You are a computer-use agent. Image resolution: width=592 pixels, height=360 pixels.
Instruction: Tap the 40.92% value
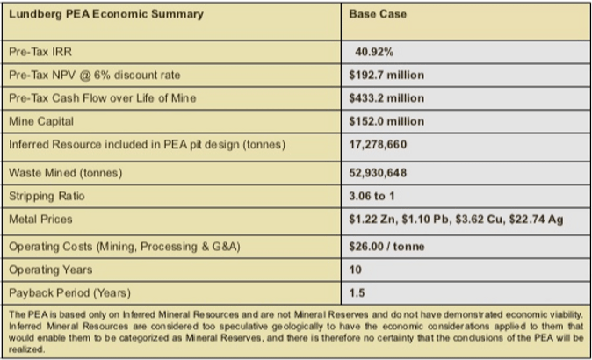click(x=373, y=52)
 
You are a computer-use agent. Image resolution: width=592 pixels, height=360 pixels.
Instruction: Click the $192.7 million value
click(x=386, y=76)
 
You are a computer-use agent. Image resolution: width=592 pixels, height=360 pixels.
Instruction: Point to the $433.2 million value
click(x=386, y=98)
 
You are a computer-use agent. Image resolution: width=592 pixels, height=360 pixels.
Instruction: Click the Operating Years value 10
click(x=355, y=270)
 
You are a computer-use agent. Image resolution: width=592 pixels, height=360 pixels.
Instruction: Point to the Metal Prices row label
click(x=40, y=218)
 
